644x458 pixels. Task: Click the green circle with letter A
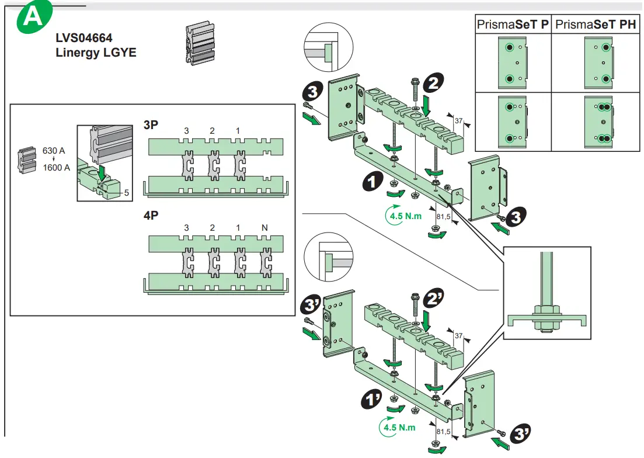pos(33,18)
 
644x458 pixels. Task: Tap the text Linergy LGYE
pos(96,52)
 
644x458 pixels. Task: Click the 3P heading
pos(151,124)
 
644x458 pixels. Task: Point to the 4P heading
pos(151,215)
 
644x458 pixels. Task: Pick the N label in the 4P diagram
pos(266,227)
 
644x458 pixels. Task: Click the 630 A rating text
pos(53,150)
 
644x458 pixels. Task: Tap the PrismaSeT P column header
pos(513,25)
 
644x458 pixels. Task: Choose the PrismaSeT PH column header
pos(596,25)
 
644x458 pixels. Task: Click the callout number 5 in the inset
pos(126,192)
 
